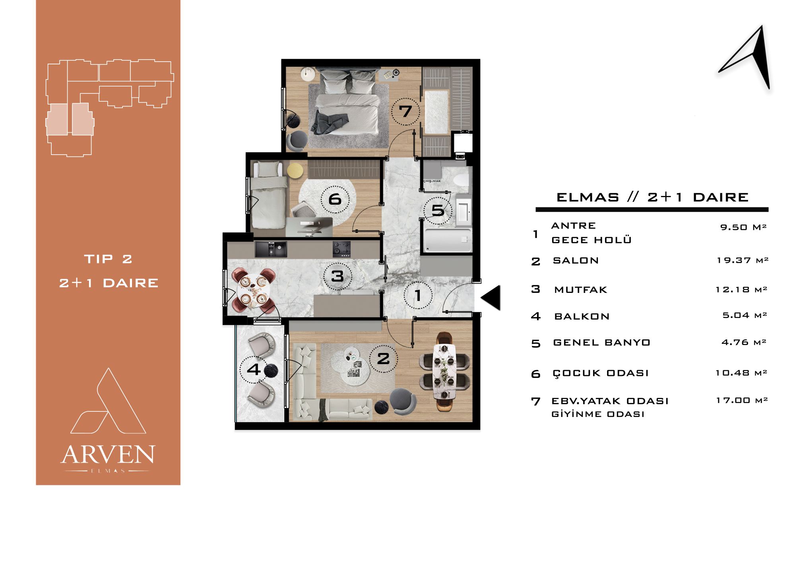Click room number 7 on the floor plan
pyautogui.click(x=405, y=111)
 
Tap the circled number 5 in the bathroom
pyautogui.click(x=438, y=210)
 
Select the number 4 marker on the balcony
pyautogui.click(x=254, y=369)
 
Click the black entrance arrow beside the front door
pyautogui.click(x=491, y=297)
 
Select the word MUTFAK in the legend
pyautogui.click(x=581, y=290)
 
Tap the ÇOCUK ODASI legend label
pyautogui.click(x=601, y=373)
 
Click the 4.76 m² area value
pyautogui.click(x=744, y=342)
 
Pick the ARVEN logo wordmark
pyautogui.click(x=108, y=454)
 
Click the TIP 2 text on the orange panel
pyautogui.click(x=108, y=259)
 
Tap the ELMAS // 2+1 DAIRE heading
pyautogui.click(x=652, y=198)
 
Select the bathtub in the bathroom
pyautogui.click(x=448, y=240)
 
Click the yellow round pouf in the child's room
pyautogui.click(x=295, y=170)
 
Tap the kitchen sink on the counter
pyautogui.click(x=270, y=249)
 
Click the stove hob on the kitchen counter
pyautogui.click(x=341, y=249)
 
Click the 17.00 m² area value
pyautogui.click(x=742, y=400)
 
